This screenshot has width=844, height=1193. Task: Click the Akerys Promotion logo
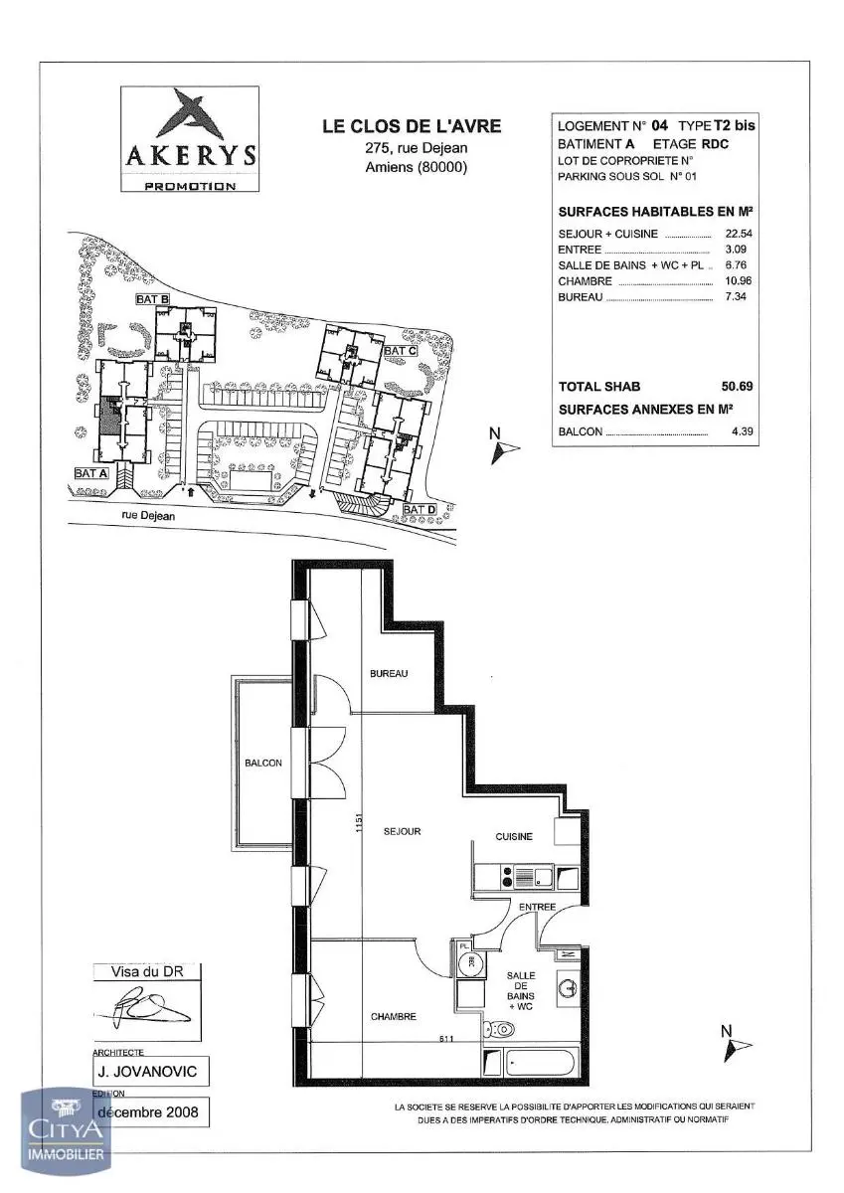[x=189, y=139]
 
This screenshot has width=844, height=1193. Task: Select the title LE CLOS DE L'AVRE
[x=411, y=126]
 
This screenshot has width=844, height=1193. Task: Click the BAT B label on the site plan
[x=152, y=298]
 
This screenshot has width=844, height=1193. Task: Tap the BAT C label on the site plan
[x=400, y=351]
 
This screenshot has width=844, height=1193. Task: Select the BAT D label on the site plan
[x=420, y=509]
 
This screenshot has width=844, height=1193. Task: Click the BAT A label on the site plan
[x=90, y=474]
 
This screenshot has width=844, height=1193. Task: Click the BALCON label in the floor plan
[x=263, y=764]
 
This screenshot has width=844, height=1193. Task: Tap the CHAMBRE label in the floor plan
[x=393, y=1016]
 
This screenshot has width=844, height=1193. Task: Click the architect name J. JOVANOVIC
[x=150, y=1072]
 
